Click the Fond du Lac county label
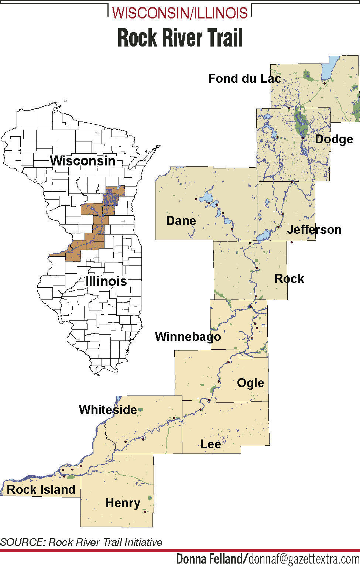[x=244, y=79]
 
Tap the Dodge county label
[x=334, y=139]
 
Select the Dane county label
[x=181, y=221]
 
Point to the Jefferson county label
[x=314, y=230]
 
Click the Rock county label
[x=289, y=279]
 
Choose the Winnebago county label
[x=188, y=337]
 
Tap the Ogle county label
[x=251, y=383]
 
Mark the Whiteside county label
[x=108, y=410]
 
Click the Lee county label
[x=210, y=444]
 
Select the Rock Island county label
[x=41, y=490]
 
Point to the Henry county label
[x=123, y=503]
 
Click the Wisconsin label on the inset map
[x=83, y=161]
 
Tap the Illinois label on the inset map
[x=106, y=281]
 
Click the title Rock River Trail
[x=180, y=38]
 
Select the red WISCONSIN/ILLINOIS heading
[x=180, y=13]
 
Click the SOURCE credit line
[x=81, y=542]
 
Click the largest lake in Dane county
[x=206, y=197]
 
